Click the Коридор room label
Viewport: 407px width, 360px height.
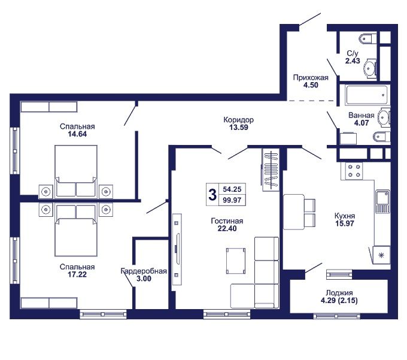click(x=239, y=120)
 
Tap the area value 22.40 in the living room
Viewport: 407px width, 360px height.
click(x=227, y=229)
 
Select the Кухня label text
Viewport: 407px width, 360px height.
click(x=345, y=216)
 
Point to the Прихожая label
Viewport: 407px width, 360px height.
click(x=311, y=77)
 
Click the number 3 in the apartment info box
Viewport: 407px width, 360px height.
click(x=212, y=195)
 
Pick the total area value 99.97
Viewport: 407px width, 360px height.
click(x=232, y=200)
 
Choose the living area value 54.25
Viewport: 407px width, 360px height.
click(x=232, y=189)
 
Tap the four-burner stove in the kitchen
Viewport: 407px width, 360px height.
click(x=354, y=171)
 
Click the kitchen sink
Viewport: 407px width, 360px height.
click(x=382, y=201)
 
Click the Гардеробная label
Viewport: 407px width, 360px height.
click(x=144, y=271)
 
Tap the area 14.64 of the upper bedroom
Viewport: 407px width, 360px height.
click(x=77, y=134)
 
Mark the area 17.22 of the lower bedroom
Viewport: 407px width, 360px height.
click(x=77, y=274)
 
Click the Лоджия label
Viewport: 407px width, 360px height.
click(x=339, y=293)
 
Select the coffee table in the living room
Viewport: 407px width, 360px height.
click(x=236, y=261)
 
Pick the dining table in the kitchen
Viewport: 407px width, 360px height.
click(x=294, y=212)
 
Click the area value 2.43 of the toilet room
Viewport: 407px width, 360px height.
click(x=353, y=60)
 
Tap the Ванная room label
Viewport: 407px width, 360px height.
click(x=362, y=116)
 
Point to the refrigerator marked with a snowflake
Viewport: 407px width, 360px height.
click(x=381, y=255)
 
